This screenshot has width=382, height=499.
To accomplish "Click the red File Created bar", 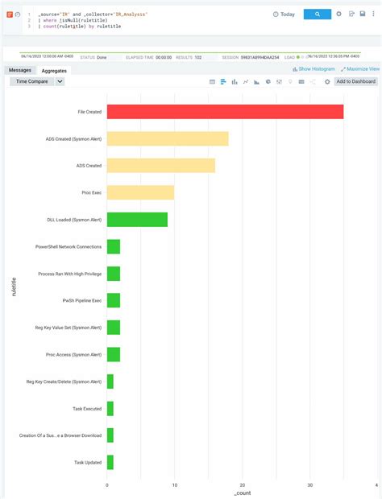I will pyautogui.click(x=225, y=112).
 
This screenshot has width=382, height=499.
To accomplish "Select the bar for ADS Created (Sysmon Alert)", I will pyautogui.click(x=168, y=138).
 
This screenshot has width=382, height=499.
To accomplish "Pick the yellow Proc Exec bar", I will pyautogui.click(x=140, y=192).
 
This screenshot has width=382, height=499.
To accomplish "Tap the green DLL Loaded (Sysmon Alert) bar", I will pyautogui.click(x=137, y=219).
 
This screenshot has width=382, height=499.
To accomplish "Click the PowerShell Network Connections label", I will pyautogui.click(x=69, y=246).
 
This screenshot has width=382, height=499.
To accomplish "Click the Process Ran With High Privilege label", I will pyautogui.click(x=70, y=274).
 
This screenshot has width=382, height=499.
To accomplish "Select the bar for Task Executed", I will pyautogui.click(x=110, y=409).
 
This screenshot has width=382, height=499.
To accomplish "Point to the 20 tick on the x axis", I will pyautogui.click(x=243, y=485).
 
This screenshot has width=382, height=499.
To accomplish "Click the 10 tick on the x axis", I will pyautogui.click(x=175, y=485).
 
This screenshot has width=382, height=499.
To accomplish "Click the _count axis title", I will pyautogui.click(x=242, y=493).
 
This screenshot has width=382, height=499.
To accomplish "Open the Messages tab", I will pyautogui.click(x=20, y=70).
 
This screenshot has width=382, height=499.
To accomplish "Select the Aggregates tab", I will pyautogui.click(x=54, y=71).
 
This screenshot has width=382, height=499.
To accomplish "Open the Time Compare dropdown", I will pyautogui.click(x=36, y=82).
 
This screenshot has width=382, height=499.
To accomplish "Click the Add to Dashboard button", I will pyautogui.click(x=355, y=82).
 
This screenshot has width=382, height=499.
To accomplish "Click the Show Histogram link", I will pyautogui.click(x=313, y=70).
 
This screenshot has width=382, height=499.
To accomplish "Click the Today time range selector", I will pyautogui.click(x=284, y=14).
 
